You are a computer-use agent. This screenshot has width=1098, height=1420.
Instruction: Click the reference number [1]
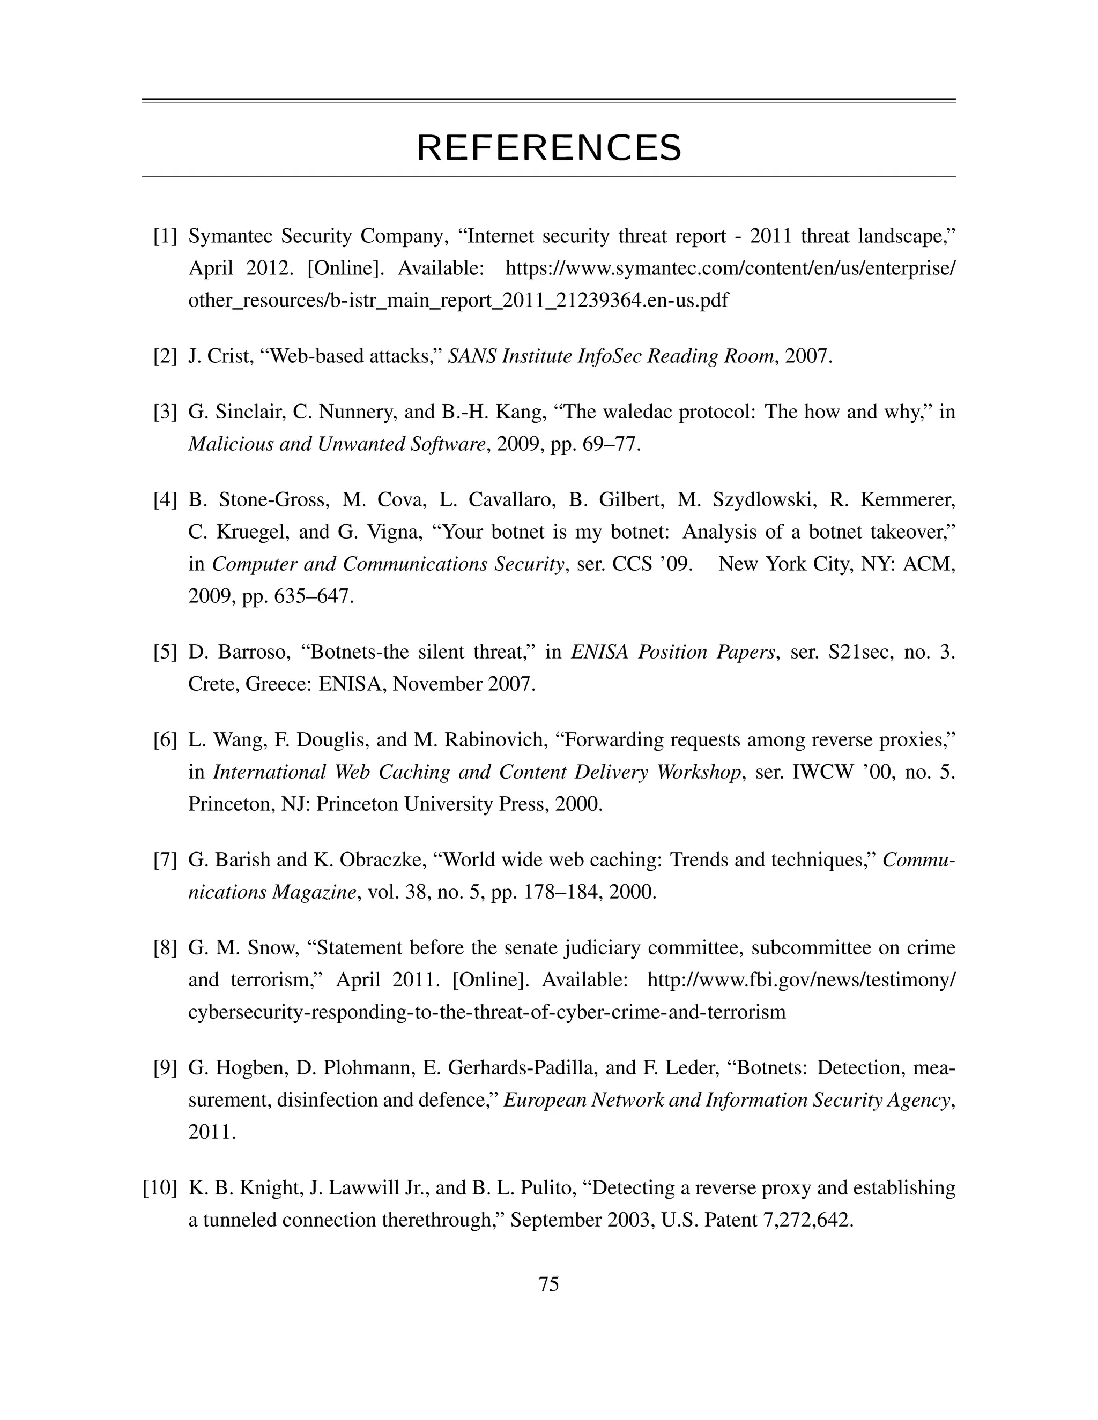coord(165,236)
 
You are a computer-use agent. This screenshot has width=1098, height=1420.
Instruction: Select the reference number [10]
coord(159,1188)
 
